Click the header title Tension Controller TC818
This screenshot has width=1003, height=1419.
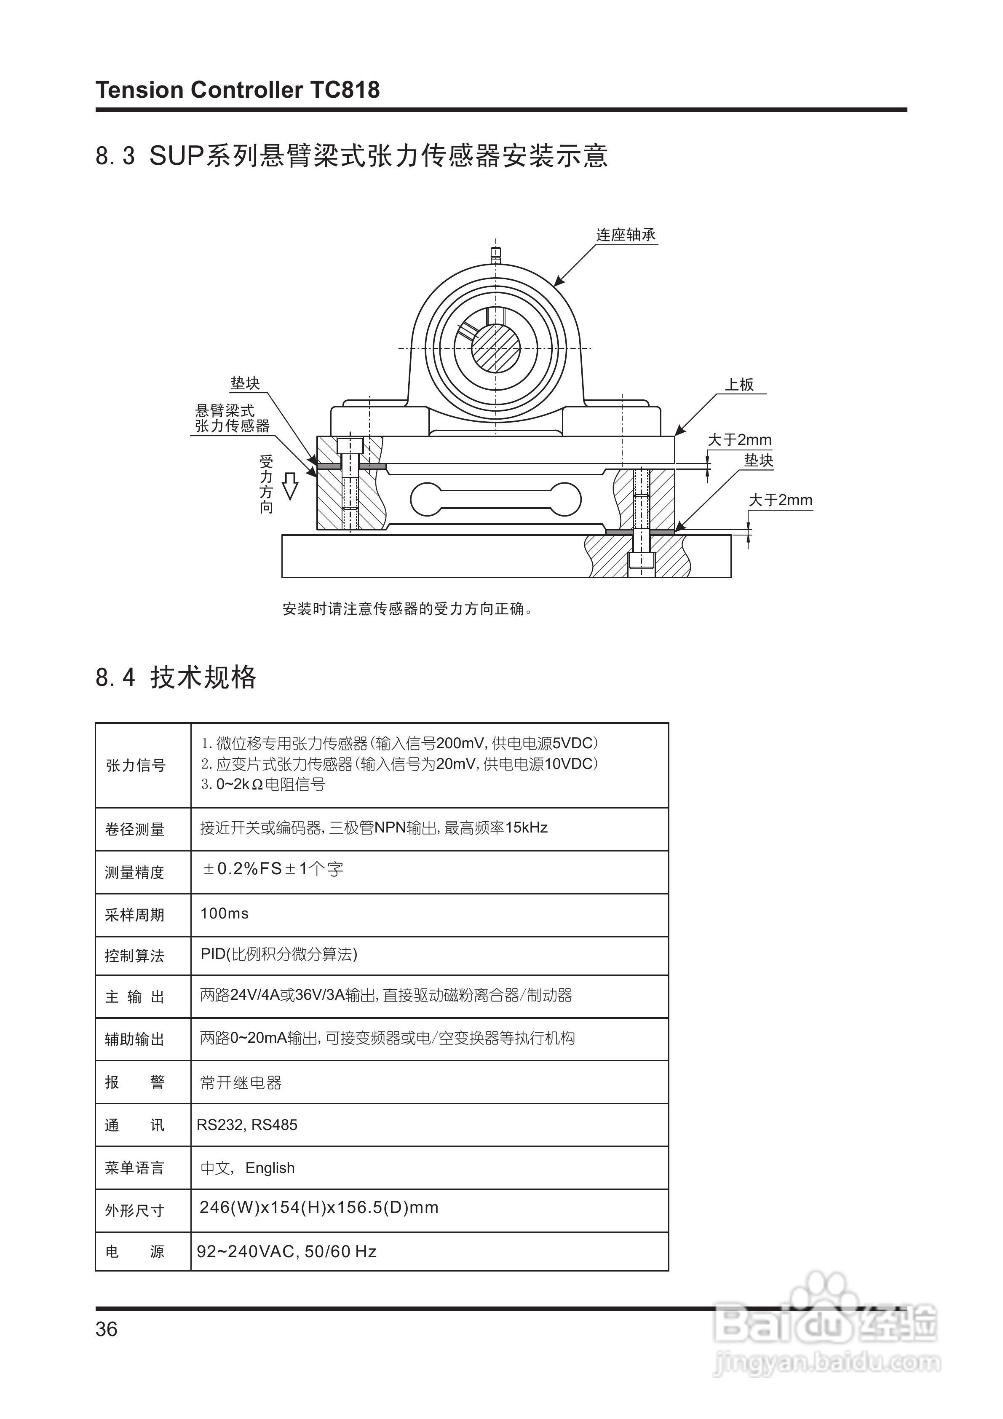[x=237, y=90]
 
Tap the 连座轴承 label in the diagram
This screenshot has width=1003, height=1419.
[x=626, y=235]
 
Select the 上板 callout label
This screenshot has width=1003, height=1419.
[x=739, y=384]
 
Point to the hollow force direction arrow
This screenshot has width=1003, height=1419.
[x=289, y=485]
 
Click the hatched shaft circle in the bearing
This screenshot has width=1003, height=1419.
[x=496, y=348]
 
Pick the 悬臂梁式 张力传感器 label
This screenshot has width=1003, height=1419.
[x=233, y=418]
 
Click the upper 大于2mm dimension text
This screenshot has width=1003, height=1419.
[x=739, y=440]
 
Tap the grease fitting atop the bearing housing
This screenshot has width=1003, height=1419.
[x=496, y=253]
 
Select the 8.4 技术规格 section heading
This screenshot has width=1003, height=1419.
[x=176, y=677]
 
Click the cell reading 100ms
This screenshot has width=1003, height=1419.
[x=225, y=913]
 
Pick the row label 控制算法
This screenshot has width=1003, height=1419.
[x=135, y=956]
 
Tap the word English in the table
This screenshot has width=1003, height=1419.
[x=270, y=1168]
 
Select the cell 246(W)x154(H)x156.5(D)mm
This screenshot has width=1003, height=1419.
[x=319, y=1207]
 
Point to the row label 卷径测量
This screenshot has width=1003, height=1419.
[x=135, y=830]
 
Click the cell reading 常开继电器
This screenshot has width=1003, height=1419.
[x=241, y=1083]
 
